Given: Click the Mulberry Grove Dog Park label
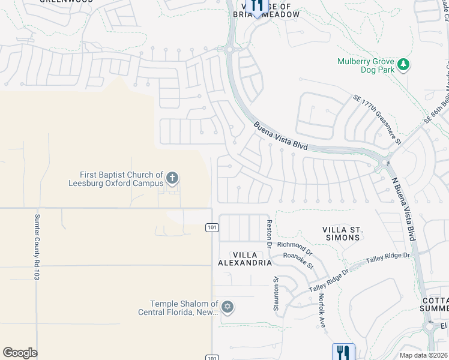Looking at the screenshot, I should tap(366, 65).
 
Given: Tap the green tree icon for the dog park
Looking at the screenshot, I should tap(404, 64).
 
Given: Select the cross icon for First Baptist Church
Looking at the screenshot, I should tap(172, 177).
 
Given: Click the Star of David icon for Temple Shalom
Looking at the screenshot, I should tap(227, 307).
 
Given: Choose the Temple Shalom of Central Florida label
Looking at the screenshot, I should tap(178, 308).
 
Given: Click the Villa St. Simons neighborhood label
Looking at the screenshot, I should tap(341, 233).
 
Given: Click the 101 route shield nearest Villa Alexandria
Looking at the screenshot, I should tap(211, 227).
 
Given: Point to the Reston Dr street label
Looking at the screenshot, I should tap(270, 233).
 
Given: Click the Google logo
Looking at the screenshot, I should tap(20, 352).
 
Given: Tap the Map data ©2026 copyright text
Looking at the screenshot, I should tap(423, 355).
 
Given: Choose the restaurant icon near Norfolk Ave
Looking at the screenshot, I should tap(343, 351).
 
